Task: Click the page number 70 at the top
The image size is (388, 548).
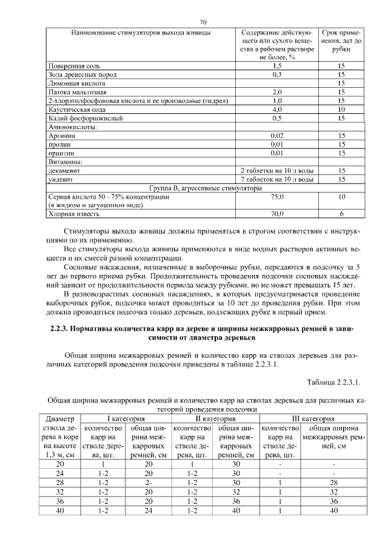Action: (195, 22)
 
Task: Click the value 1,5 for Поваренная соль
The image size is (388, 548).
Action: (278, 65)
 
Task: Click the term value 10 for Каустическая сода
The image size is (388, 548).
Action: (341, 110)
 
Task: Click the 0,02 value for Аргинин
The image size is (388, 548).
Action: (278, 137)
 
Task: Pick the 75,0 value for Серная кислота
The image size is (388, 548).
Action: (278, 197)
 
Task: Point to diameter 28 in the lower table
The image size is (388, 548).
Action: (60, 482)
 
